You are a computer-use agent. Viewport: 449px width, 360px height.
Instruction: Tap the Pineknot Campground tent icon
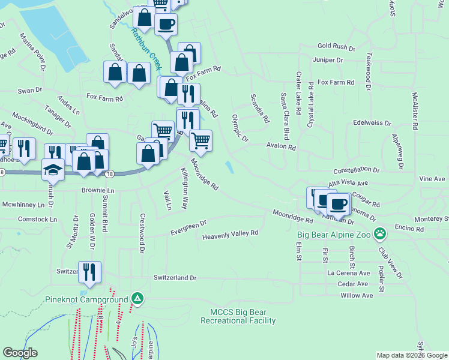pos(137,299)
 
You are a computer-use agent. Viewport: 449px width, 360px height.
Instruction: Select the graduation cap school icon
pos(53,170)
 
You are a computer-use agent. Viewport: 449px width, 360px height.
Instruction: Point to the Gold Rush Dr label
pos(337,46)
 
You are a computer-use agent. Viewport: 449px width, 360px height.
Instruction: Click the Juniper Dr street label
pos(328,61)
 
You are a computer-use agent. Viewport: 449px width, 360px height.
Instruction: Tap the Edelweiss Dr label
pos(372,122)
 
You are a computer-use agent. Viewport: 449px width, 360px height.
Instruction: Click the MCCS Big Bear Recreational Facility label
pos(243,316)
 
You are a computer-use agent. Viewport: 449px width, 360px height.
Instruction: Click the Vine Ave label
pos(432,179)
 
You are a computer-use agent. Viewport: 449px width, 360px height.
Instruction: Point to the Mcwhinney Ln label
pos(23,205)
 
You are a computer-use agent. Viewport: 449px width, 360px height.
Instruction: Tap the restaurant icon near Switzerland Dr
pos(89,272)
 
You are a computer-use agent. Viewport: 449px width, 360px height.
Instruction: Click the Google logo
pos(20,353)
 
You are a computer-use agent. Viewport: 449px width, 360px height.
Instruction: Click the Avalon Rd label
pos(282,146)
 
